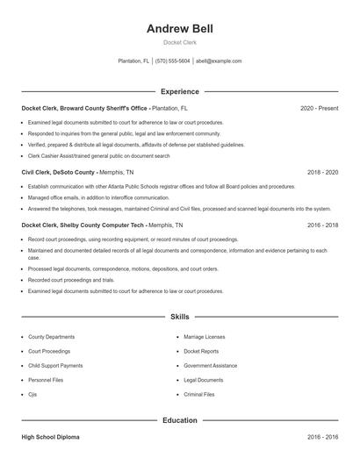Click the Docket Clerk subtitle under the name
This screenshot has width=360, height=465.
pos(179,43)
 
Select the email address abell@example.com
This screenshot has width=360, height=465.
pos(219,61)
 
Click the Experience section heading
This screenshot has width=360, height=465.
pos(179,91)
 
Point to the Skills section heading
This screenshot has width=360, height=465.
pos(179,316)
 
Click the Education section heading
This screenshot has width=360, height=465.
pos(179,420)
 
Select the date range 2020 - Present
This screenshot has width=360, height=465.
pos(319,108)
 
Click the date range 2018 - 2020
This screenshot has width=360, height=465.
pos(322,173)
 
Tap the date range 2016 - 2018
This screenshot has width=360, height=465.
pos(322,225)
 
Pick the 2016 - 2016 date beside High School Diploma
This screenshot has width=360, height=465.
pos(322,436)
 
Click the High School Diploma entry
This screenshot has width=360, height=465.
pos(50,436)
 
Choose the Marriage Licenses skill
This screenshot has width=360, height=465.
pos(204,337)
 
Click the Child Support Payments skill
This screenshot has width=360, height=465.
pos(55,365)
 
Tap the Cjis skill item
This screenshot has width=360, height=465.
pos(33,394)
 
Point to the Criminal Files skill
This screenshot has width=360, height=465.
pos(199,394)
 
